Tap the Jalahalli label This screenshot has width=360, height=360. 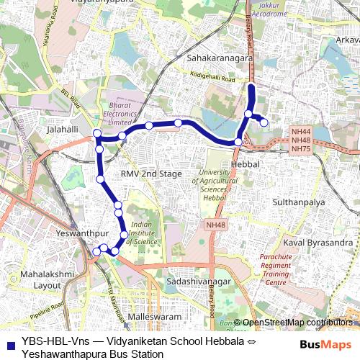(62, 130)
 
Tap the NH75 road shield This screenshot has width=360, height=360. (300, 148)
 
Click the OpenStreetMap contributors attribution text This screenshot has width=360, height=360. (295, 323)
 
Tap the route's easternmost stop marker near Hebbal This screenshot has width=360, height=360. (264, 122)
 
